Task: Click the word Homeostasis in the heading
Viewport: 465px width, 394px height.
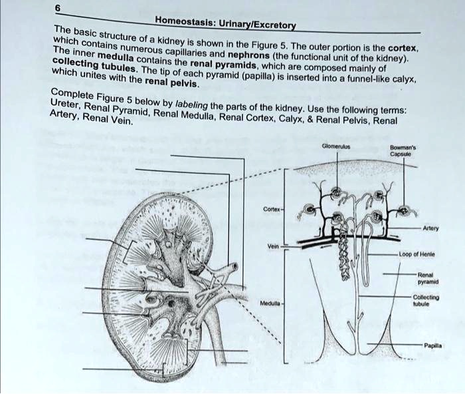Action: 180,21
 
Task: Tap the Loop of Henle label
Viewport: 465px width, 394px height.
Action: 416,254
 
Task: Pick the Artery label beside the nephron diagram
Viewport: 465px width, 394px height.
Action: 429,226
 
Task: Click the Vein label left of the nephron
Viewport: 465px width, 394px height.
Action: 272,245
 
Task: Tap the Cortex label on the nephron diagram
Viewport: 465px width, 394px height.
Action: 271,210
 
